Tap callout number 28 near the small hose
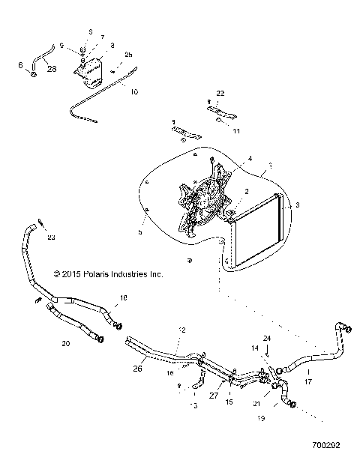tap(52, 69)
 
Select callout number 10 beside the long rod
tap(134, 92)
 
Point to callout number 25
tap(128, 55)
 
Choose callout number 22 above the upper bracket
tap(220, 93)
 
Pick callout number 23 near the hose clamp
tap(51, 238)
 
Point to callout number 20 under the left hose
tap(65, 344)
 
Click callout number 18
tap(124, 297)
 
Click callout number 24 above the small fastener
tap(268, 339)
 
